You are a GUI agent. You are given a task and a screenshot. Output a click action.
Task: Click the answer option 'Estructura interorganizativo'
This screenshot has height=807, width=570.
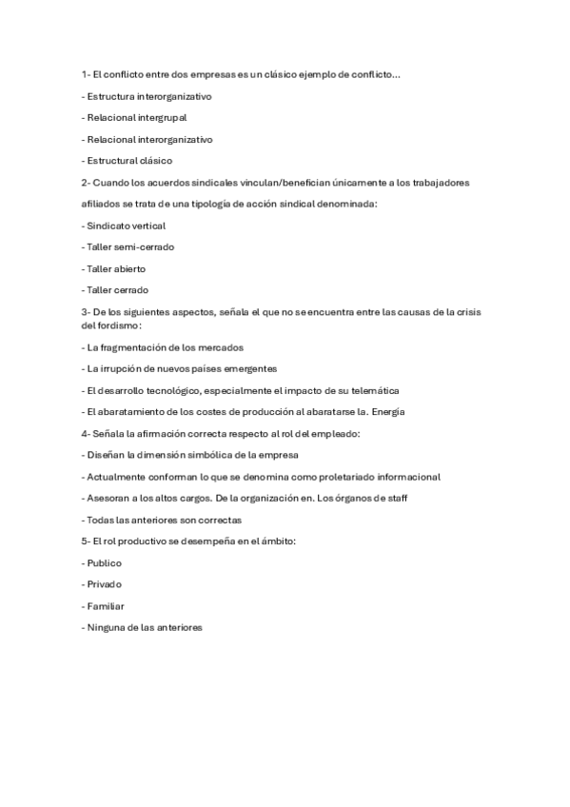[x=147, y=96]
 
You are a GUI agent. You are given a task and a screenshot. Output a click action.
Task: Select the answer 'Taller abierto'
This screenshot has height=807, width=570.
[x=115, y=268]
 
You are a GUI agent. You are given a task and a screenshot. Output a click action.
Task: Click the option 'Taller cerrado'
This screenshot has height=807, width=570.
[x=116, y=290]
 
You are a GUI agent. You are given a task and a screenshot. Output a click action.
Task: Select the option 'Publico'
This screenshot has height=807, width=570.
[x=104, y=562]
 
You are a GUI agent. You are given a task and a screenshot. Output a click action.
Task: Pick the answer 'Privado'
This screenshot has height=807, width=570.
[x=104, y=584]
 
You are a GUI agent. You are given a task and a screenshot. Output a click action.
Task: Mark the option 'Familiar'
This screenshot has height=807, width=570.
[x=105, y=605]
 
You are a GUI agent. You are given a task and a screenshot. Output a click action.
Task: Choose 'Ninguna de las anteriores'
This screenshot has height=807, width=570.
[x=143, y=627]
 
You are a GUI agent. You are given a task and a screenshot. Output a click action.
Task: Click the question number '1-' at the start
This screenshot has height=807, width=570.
[x=86, y=74]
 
